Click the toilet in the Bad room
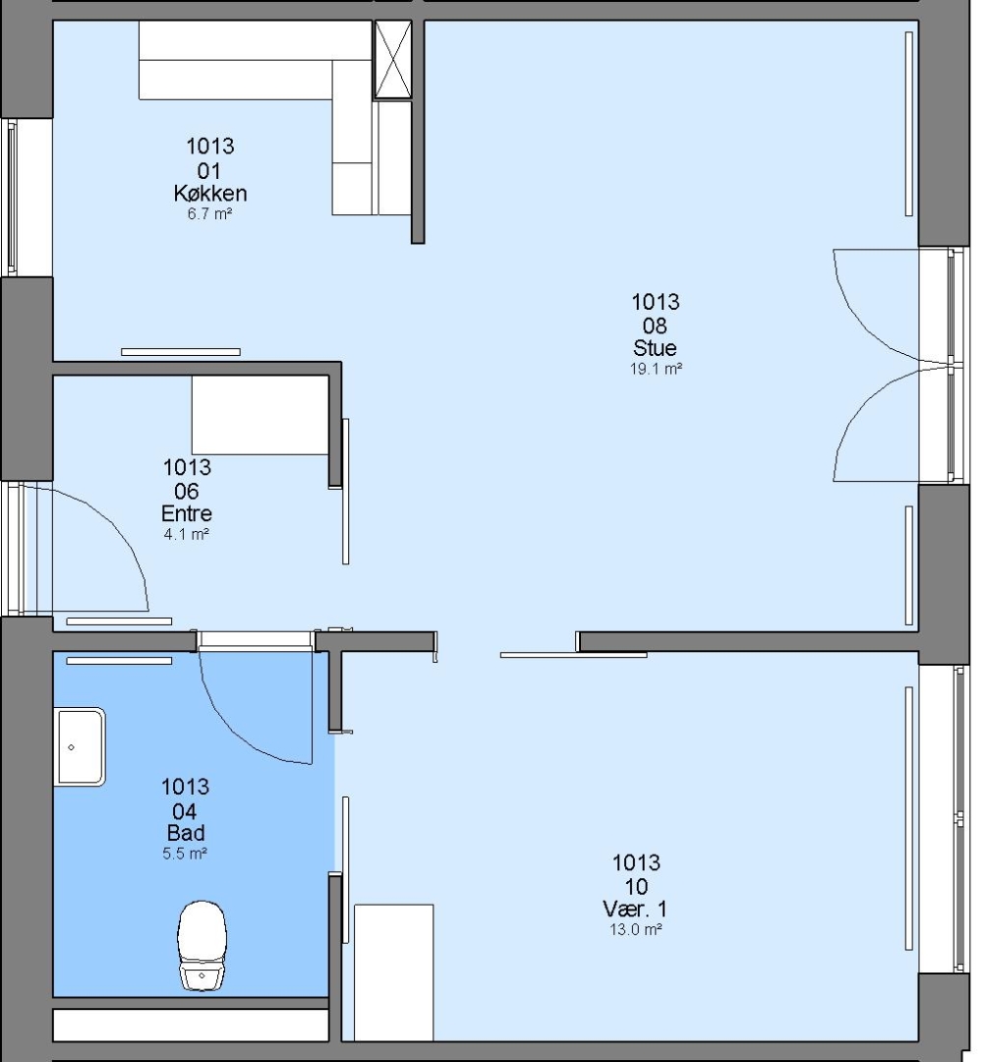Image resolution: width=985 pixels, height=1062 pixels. [x=203, y=945]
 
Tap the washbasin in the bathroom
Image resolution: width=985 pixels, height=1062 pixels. [x=80, y=746]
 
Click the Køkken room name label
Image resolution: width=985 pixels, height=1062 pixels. [x=209, y=194]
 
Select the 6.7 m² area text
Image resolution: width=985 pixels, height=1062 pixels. [x=209, y=214]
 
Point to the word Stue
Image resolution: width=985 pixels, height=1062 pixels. [x=655, y=348]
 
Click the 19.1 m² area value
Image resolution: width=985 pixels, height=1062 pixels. [x=656, y=369]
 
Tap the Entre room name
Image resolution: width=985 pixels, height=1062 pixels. [x=186, y=513]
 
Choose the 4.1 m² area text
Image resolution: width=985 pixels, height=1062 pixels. [x=186, y=534]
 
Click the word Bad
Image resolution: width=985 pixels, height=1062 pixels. [x=186, y=833]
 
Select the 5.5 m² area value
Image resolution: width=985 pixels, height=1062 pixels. [x=184, y=854]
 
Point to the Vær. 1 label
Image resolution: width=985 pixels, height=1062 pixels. [x=635, y=909]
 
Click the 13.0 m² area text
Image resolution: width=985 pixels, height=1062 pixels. [x=636, y=929]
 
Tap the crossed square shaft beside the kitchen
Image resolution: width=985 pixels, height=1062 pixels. [x=393, y=60]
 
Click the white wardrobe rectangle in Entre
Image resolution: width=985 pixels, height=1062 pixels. [x=261, y=415]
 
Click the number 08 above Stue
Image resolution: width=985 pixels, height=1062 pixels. [x=655, y=325]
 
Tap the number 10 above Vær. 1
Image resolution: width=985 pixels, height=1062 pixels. [x=636, y=886]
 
